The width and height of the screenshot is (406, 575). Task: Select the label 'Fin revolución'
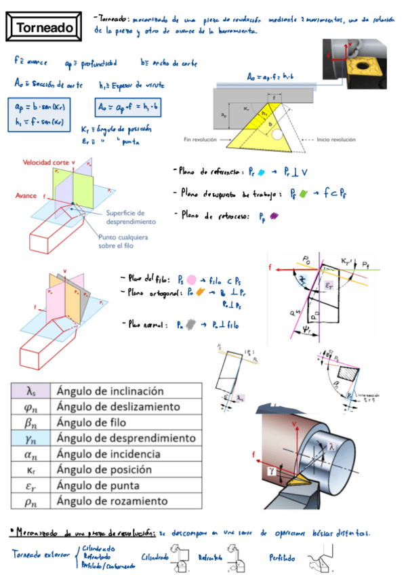pos(200,140)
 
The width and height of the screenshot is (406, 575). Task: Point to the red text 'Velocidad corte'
pos(47,163)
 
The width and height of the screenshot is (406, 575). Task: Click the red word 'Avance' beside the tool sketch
pos(26,195)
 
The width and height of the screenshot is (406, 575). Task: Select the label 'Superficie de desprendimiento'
pos(131,217)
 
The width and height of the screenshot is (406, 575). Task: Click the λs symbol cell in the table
pos(31,391)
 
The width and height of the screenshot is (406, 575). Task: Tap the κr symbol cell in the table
pos(31,470)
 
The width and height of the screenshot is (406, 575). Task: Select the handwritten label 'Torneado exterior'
pos(40,555)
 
